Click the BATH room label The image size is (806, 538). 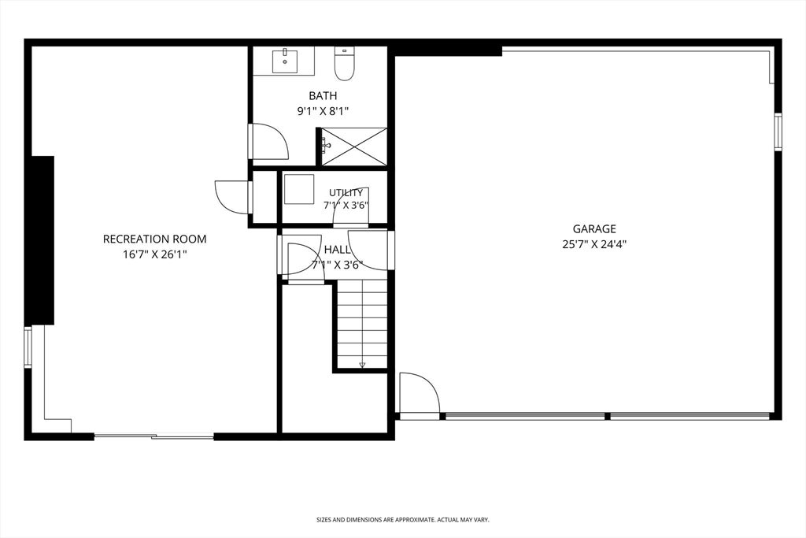point(323,95)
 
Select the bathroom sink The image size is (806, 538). point(283,61)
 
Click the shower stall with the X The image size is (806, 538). point(354,147)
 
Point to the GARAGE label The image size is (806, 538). point(594,229)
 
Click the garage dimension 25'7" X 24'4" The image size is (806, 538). point(594,244)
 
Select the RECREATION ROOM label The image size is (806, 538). point(155,239)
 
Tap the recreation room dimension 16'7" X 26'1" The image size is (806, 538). point(155,254)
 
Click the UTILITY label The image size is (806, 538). point(346,193)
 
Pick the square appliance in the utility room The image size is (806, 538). point(298,189)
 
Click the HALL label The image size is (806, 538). point(337,250)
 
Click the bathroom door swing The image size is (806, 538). point(269,142)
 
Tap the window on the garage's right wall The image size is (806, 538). point(778,131)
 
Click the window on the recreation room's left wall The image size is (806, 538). point(28,347)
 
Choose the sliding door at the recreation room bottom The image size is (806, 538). point(153,437)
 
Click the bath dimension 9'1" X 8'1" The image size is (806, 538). point(323,111)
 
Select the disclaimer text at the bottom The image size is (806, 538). point(402,520)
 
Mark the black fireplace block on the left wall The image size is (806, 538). point(43,240)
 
